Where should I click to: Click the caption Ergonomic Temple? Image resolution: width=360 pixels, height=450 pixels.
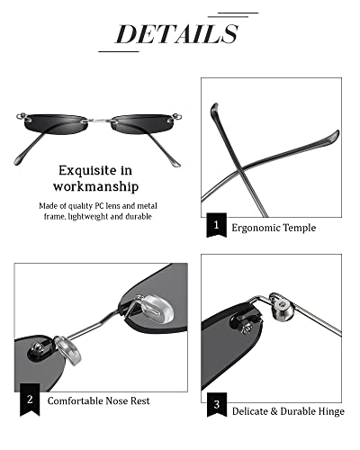(274, 228)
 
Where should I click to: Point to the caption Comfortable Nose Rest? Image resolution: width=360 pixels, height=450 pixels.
(98, 399)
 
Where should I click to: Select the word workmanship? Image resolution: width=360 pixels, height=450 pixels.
(98, 187)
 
